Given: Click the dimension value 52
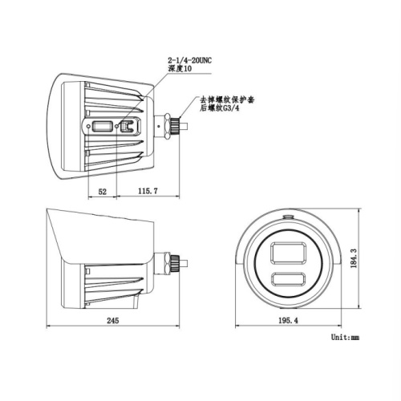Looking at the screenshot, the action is point(103,192).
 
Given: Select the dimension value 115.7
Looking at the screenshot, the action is point(148,191).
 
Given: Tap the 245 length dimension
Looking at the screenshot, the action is point(113,320).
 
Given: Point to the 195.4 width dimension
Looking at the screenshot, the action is point(288,320).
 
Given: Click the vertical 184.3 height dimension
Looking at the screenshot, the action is point(354,258).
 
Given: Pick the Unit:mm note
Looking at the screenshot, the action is point(345,337).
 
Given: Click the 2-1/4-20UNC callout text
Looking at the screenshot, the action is point(189,60).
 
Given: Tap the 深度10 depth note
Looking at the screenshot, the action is point(180,68).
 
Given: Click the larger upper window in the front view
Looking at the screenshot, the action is point(288,253).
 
